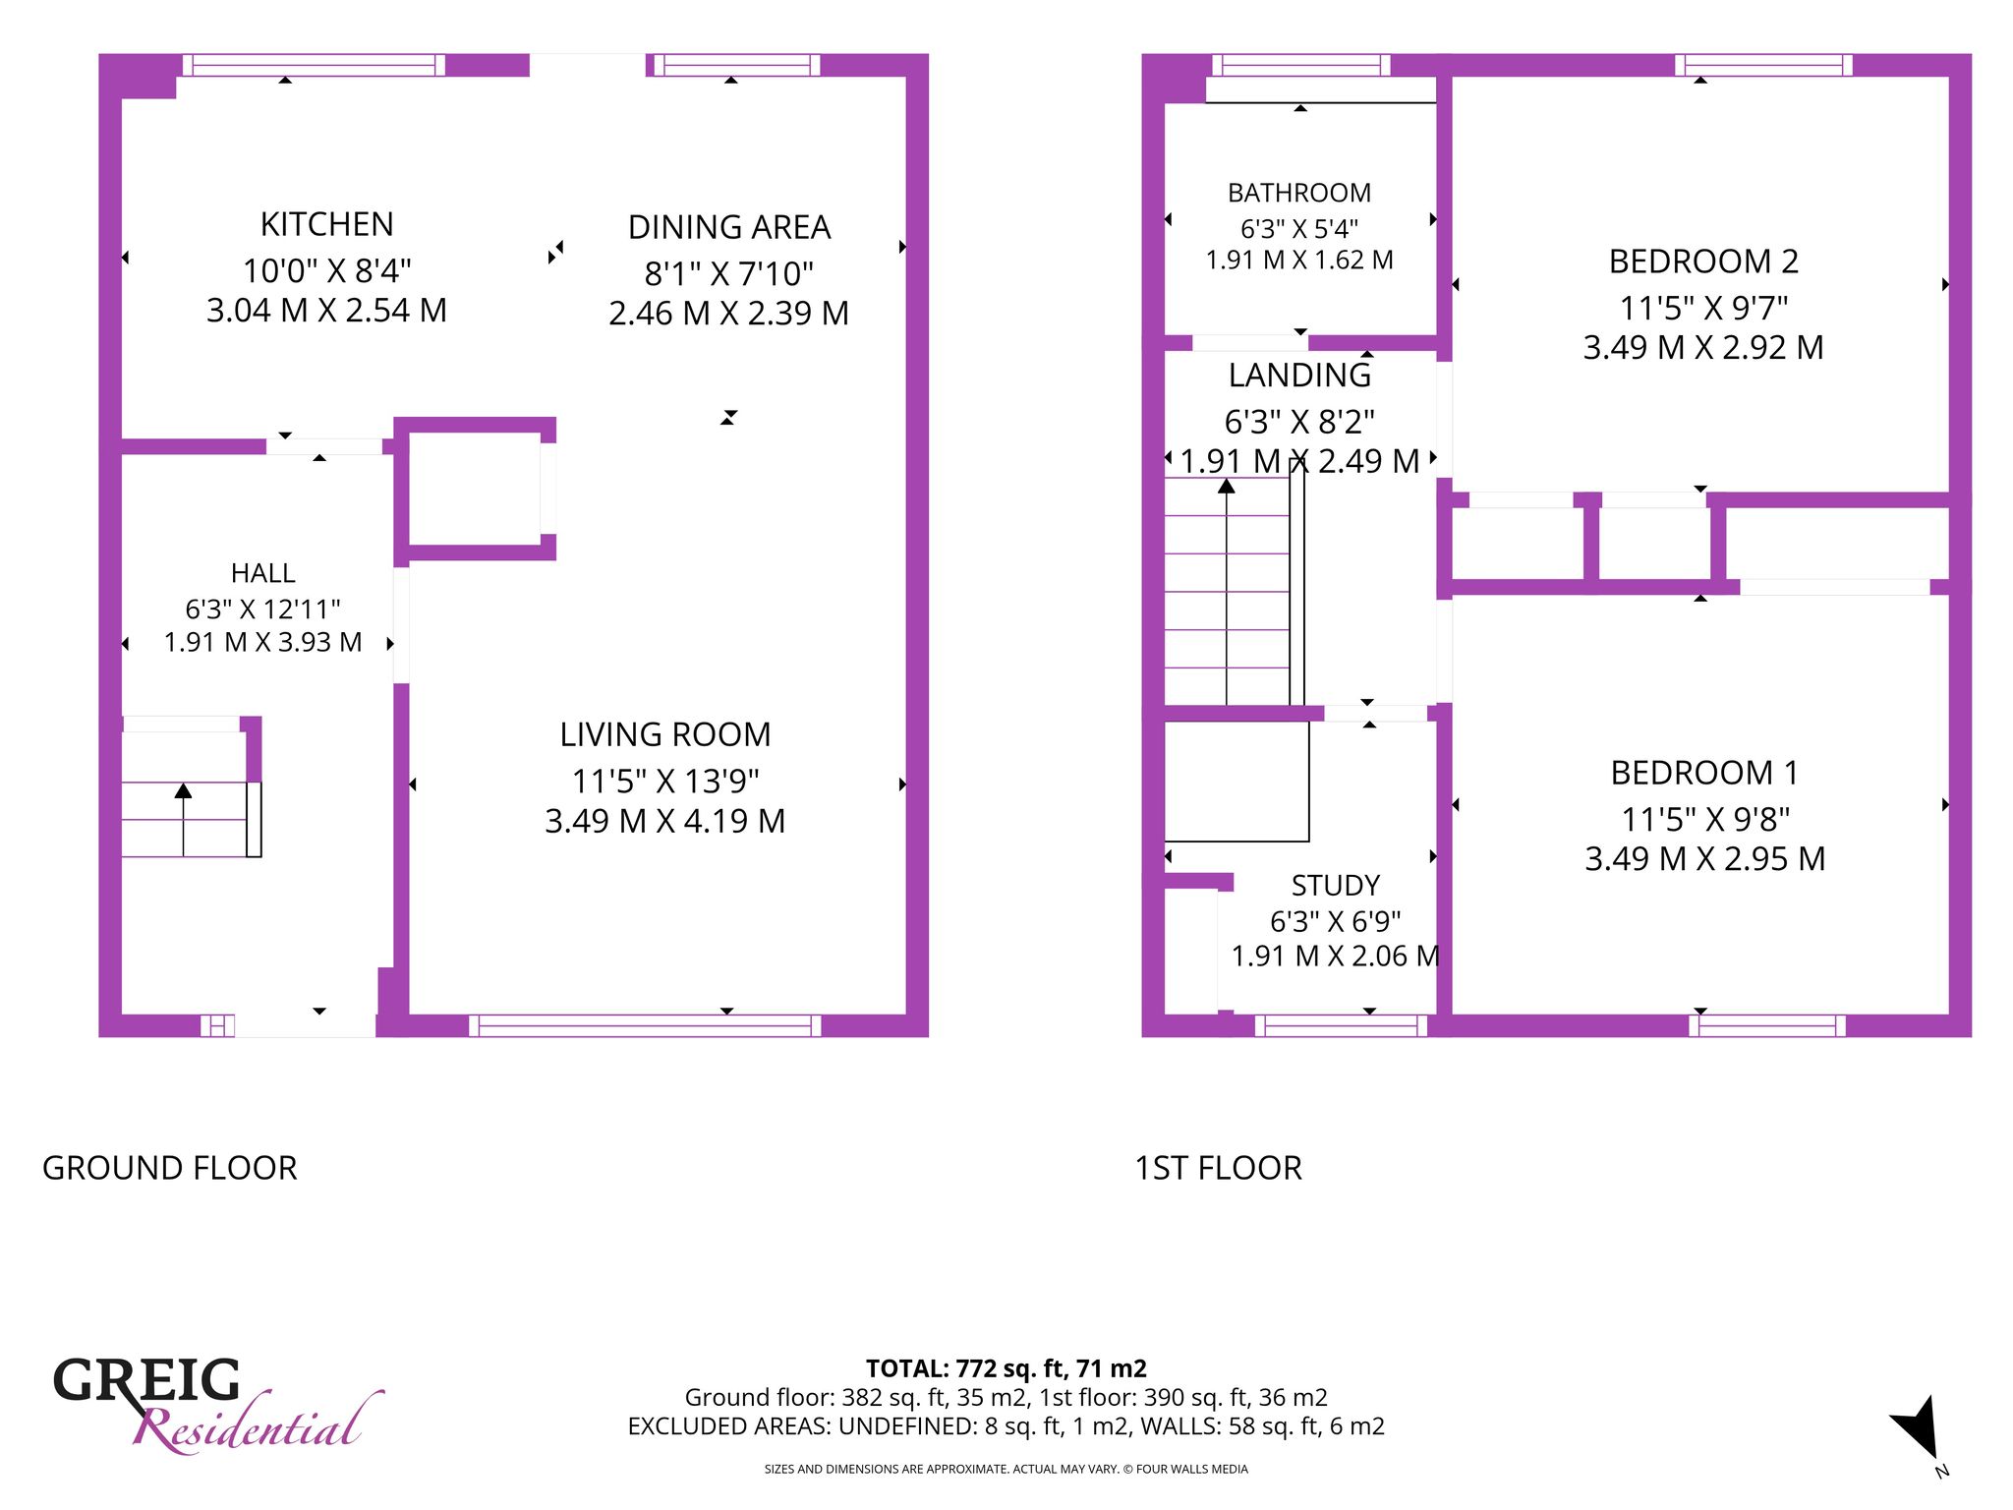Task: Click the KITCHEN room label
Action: point(326,225)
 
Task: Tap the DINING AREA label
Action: point(729,228)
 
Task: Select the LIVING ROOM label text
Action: point(665,735)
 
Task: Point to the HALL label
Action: point(262,573)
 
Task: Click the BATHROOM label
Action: point(1299,193)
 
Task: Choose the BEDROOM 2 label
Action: point(1703,261)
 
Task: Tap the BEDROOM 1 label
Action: point(1704,774)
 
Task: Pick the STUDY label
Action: point(1335,886)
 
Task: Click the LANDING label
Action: point(1299,376)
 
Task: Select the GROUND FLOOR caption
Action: point(169,1168)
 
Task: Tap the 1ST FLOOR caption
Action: point(1218,1168)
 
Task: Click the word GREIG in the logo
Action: point(146,1380)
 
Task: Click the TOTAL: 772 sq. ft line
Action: point(1006,1368)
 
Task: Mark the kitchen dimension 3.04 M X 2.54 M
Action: point(326,311)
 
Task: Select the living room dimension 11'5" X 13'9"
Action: point(665,782)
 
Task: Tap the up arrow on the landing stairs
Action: point(1227,591)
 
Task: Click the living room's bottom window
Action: point(645,1025)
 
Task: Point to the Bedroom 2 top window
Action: point(1763,65)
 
